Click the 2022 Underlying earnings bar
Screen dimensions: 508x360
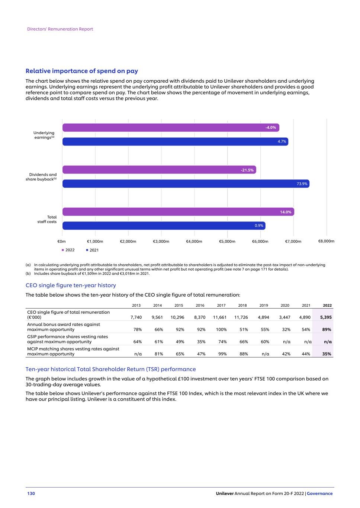pos(171,128)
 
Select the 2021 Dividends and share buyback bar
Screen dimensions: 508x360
pos(186,183)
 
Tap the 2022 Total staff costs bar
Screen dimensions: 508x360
pos(178,212)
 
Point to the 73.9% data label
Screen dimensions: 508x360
pos(302,183)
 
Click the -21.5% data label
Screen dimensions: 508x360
pos(247,170)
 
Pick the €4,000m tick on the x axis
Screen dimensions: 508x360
pos(194,241)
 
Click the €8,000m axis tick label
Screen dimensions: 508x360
pos(326,241)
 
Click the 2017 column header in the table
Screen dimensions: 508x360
pos(221,306)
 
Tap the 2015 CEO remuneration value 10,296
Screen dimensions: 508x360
pos(177,317)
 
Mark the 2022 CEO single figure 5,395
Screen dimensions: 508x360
pos(326,317)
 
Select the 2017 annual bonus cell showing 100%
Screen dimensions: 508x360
pos(221,329)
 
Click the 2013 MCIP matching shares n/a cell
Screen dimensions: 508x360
pos(138,354)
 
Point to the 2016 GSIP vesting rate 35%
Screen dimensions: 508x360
pos(201,342)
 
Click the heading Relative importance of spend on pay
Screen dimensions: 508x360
pos(81,71)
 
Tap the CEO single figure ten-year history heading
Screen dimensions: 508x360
pos(71,285)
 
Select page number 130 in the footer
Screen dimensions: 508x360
pos(31,493)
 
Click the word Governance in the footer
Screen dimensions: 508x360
pos(320,493)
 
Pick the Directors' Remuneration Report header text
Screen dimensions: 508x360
pos(60,29)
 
